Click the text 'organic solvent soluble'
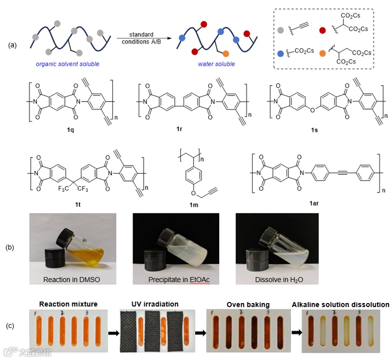(67, 64)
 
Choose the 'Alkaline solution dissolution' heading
(341, 304)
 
